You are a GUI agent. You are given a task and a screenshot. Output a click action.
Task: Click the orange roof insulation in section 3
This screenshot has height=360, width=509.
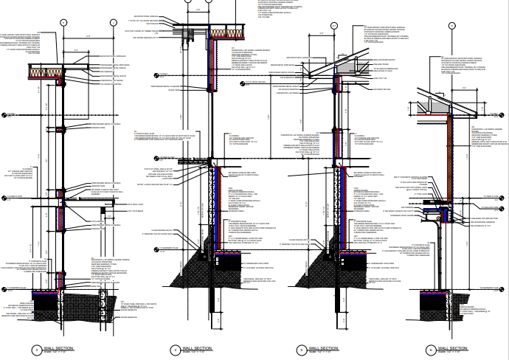click(x=44, y=72)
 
